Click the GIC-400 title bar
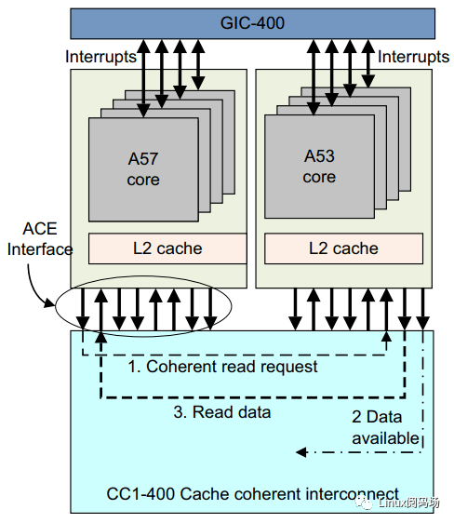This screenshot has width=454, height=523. [x=252, y=23]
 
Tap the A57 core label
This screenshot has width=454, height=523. [x=143, y=168]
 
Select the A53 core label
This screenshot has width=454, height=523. [x=319, y=167]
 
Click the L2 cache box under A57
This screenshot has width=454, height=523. [x=167, y=248]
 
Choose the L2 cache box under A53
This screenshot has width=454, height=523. [x=343, y=248]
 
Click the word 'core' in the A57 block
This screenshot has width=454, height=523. [x=143, y=179]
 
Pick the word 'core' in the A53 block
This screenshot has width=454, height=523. [x=319, y=177]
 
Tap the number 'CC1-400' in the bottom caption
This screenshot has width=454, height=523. [x=138, y=494]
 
